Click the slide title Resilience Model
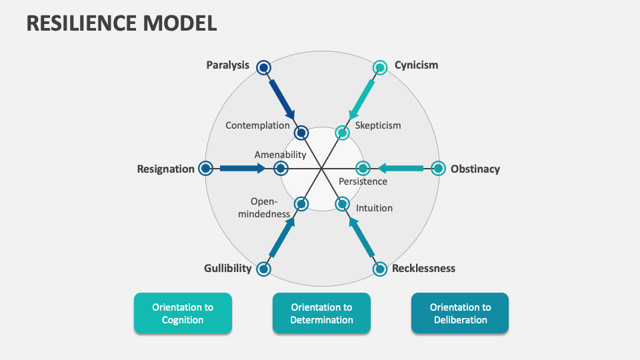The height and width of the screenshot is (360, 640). [121, 22]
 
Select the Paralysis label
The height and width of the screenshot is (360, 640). [227, 65]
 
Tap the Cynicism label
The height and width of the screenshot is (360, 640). [416, 65]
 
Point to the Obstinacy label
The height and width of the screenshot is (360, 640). [475, 169]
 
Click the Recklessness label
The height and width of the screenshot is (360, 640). [423, 268]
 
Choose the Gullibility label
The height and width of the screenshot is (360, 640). [227, 268]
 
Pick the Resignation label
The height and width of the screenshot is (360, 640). [165, 169]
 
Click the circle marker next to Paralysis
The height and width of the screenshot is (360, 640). [264, 67]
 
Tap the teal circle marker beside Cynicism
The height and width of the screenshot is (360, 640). [379, 67]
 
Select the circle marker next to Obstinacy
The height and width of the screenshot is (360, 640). [437, 168]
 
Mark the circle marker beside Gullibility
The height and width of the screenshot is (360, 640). [264, 269]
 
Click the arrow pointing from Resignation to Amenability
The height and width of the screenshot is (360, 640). [242, 168]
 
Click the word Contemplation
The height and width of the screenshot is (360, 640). [257, 125]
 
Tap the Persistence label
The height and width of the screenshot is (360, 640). [363, 181]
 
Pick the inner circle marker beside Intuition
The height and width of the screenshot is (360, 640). [342, 203]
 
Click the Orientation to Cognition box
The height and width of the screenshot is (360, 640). [183, 313]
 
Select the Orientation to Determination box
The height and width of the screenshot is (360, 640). [321, 313]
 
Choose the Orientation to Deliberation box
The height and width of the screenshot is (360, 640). [460, 313]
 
